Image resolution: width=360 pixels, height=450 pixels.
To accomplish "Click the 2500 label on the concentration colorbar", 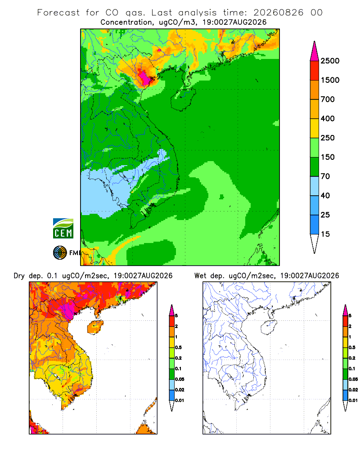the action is (x=330, y=61).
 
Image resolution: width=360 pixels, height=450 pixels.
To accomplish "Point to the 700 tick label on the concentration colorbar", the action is (x=328, y=99).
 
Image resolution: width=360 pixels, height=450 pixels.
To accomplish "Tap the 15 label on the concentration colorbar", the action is (x=325, y=234).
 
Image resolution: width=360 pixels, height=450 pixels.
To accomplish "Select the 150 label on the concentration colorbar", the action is (x=328, y=157).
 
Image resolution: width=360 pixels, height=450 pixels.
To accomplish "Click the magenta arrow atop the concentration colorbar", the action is (x=315, y=51).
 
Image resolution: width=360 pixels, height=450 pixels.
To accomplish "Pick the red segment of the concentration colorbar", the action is (x=315, y=71).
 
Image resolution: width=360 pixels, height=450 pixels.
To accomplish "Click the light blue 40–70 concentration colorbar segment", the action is (x=315, y=186).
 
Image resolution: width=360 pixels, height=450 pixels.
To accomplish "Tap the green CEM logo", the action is (x=63, y=229).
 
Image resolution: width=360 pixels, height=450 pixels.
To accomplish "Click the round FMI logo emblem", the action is (x=60, y=253).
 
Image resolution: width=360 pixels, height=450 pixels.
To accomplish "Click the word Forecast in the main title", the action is (x=58, y=13).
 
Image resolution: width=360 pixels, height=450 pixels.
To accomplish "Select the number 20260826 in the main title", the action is (x=278, y=13).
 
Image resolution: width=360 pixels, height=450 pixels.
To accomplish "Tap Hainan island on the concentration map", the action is (x=183, y=99).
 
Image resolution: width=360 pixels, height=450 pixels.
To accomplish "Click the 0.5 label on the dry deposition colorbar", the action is (x=178, y=347).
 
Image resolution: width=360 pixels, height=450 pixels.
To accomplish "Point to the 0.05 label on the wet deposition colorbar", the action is (x=353, y=379).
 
